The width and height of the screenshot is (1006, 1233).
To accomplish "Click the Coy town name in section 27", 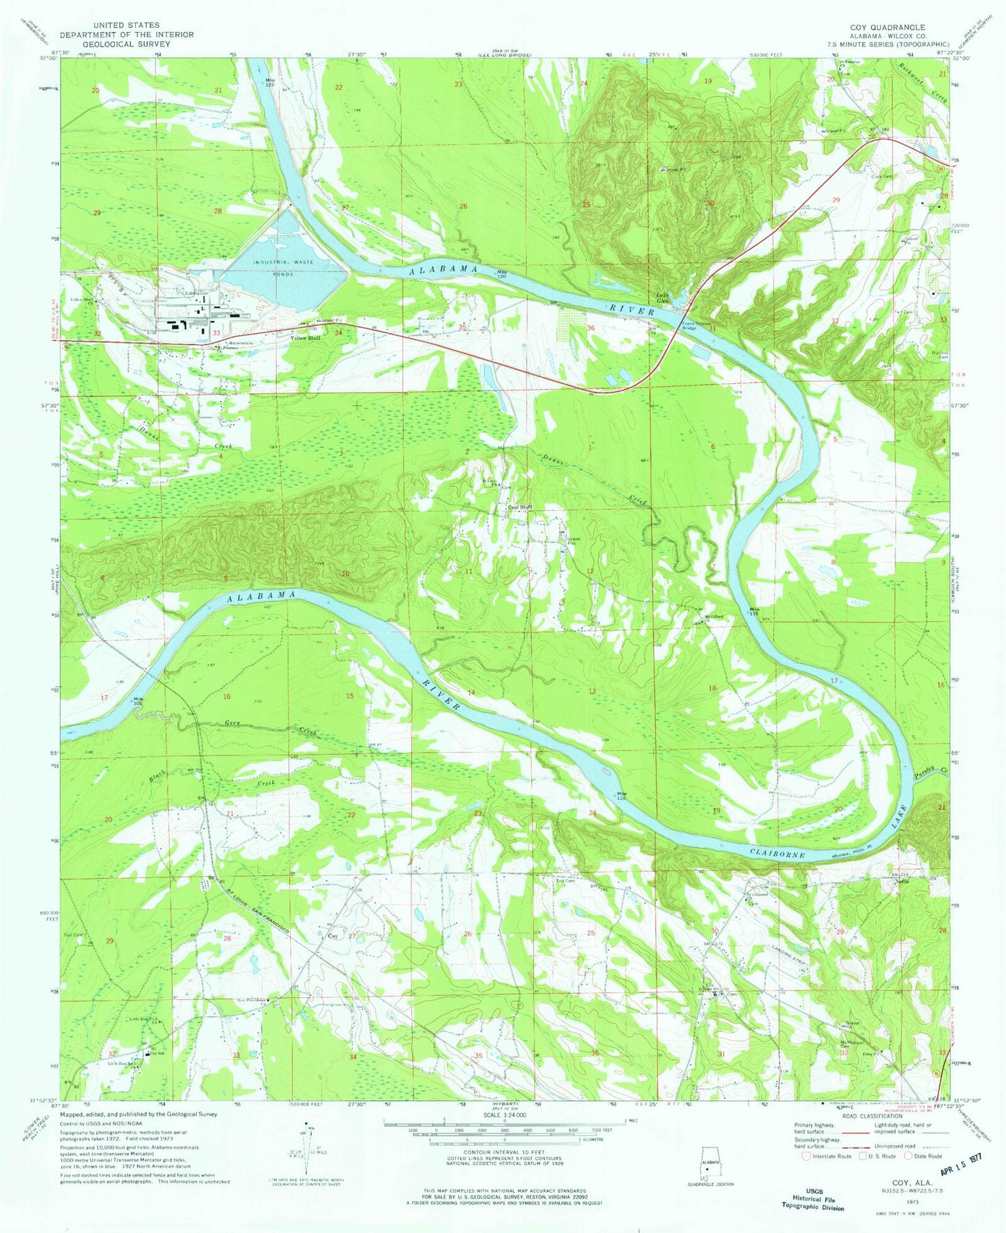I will tap(333, 936).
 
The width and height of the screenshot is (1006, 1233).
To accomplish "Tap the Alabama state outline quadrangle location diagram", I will tap(709, 1168).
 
